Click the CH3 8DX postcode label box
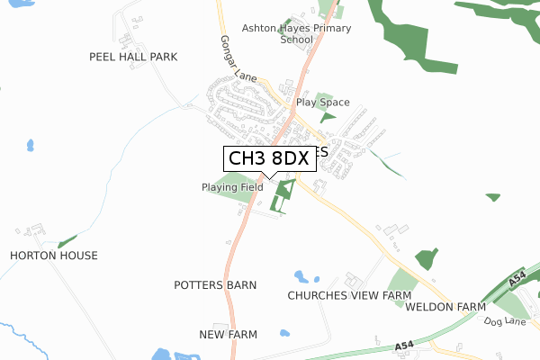coord(269,158)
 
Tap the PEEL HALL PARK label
coord(133,57)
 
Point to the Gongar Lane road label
coord(236,58)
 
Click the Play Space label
coord(324,103)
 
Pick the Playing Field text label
coord(232,187)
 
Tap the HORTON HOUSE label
coord(54,256)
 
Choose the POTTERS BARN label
coord(215,284)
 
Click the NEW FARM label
coord(228,335)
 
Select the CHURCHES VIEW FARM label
coord(349,295)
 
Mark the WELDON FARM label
coord(445,307)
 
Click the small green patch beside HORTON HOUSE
coord(67,241)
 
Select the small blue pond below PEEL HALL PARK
coord(30,144)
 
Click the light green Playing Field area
coord(236,180)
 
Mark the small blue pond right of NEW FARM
coord(284,333)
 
